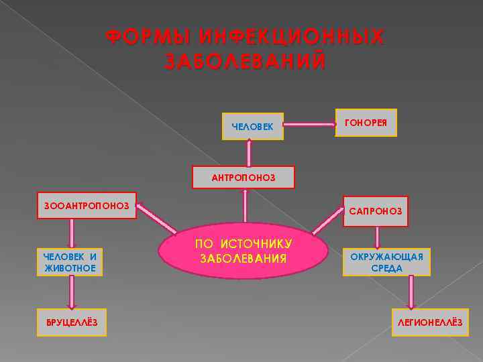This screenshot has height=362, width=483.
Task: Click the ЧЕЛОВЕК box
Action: coord(252,126)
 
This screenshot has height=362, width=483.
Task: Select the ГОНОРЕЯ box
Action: coord(366,123)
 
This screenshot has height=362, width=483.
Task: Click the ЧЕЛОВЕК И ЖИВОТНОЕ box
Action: coord(70,262)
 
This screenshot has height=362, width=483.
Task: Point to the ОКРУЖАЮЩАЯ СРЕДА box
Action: coord(386,262)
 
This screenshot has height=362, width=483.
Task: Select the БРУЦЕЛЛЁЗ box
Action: coord(72,322)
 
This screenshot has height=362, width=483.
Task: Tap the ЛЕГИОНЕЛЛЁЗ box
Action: coord(430,322)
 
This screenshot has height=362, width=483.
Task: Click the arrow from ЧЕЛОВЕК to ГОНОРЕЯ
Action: coord(309,124)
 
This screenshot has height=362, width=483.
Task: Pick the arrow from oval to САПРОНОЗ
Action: coord(328,221)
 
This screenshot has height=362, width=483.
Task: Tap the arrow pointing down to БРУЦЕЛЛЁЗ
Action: coord(72,292)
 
